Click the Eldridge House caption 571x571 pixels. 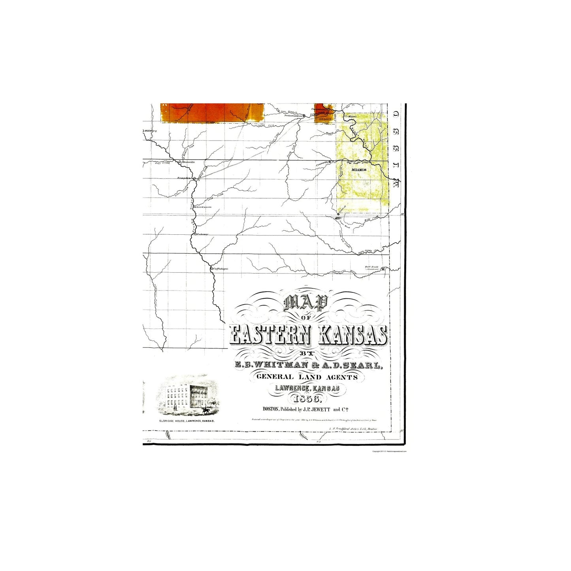point(187,421)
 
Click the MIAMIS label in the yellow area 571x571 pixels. point(359,170)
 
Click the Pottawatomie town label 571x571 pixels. point(293,116)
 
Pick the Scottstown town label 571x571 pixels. point(204,207)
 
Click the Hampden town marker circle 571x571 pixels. point(194,178)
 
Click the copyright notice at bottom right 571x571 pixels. point(389,451)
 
